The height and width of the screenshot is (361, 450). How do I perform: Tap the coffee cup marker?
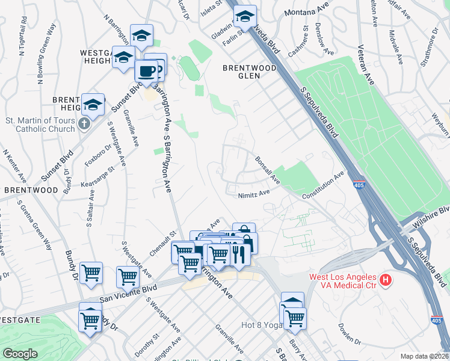click(x=146, y=72)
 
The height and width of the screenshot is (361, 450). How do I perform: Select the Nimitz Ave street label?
click(x=253, y=194)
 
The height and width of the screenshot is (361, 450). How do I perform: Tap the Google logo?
click(x=20, y=354)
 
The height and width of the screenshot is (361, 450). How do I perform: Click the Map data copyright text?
click(x=424, y=356)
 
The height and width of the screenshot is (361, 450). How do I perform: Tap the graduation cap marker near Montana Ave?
click(x=245, y=16)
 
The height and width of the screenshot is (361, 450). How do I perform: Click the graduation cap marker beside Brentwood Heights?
click(x=93, y=105)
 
